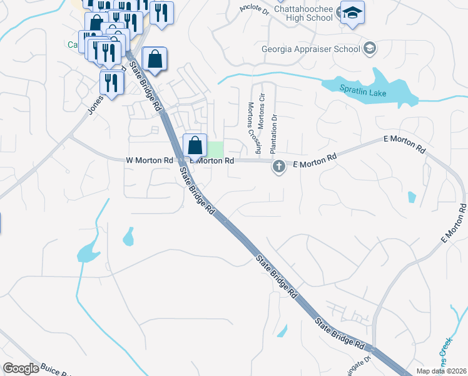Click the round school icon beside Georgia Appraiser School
pyautogui.click(x=369, y=48)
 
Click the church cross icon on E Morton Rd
pyautogui.click(x=279, y=167)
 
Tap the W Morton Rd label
pyautogui.click(x=150, y=160)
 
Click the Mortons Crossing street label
pyautogui.click(x=253, y=128)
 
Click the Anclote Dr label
pyautogui.click(x=253, y=10)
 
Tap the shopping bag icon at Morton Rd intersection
pyautogui.click(x=195, y=145)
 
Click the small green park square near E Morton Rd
pyautogui.click(x=215, y=149)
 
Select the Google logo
pyautogui.click(x=21, y=368)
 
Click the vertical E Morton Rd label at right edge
pyautogui.click(x=454, y=223)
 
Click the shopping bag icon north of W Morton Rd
pyautogui.click(x=154, y=60)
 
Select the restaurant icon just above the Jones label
pyautogui.click(x=111, y=83)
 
